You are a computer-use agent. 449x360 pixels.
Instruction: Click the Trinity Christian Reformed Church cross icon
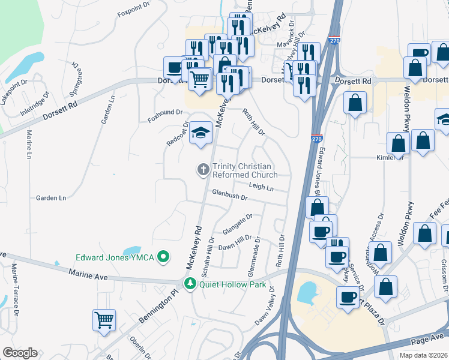203,170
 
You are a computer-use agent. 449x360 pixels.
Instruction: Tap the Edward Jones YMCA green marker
161,257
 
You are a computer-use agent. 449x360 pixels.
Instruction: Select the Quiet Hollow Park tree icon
191,284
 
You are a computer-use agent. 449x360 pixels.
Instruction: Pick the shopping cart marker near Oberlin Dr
104,320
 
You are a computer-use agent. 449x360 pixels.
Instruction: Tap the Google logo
20,353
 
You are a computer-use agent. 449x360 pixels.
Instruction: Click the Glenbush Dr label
230,196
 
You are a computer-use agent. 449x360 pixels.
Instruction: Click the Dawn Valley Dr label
264,309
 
